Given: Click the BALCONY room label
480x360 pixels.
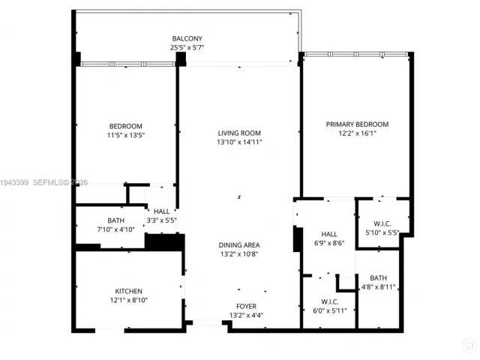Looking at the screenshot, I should coord(187,38).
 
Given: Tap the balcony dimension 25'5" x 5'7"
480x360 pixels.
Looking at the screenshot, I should coord(187,47).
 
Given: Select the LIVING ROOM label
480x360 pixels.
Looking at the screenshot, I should coord(239,133).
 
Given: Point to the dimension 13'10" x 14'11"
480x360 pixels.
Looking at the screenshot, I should coord(239,142).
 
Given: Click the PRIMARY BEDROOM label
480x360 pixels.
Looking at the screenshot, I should coord(357,124).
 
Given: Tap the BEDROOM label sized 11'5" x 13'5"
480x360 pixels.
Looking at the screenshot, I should coord(125,126).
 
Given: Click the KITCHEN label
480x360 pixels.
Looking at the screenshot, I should coord(128,291).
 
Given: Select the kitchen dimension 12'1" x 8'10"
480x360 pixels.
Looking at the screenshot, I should coord(128,300).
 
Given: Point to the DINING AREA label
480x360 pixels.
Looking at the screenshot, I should coord(239,244).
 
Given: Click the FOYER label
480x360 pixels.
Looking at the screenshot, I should coord(246,306).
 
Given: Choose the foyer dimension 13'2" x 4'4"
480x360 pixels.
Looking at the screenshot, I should coord(246,315).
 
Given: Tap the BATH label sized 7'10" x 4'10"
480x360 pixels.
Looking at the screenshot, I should coord(115,220).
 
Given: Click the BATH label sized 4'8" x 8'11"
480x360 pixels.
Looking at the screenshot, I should coord(378,277).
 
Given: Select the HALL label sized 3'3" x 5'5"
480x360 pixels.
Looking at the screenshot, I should coord(162,212).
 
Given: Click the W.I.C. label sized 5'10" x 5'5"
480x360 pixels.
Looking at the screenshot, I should coord(382,223).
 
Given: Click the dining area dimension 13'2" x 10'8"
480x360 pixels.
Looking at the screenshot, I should coord(239,253).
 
